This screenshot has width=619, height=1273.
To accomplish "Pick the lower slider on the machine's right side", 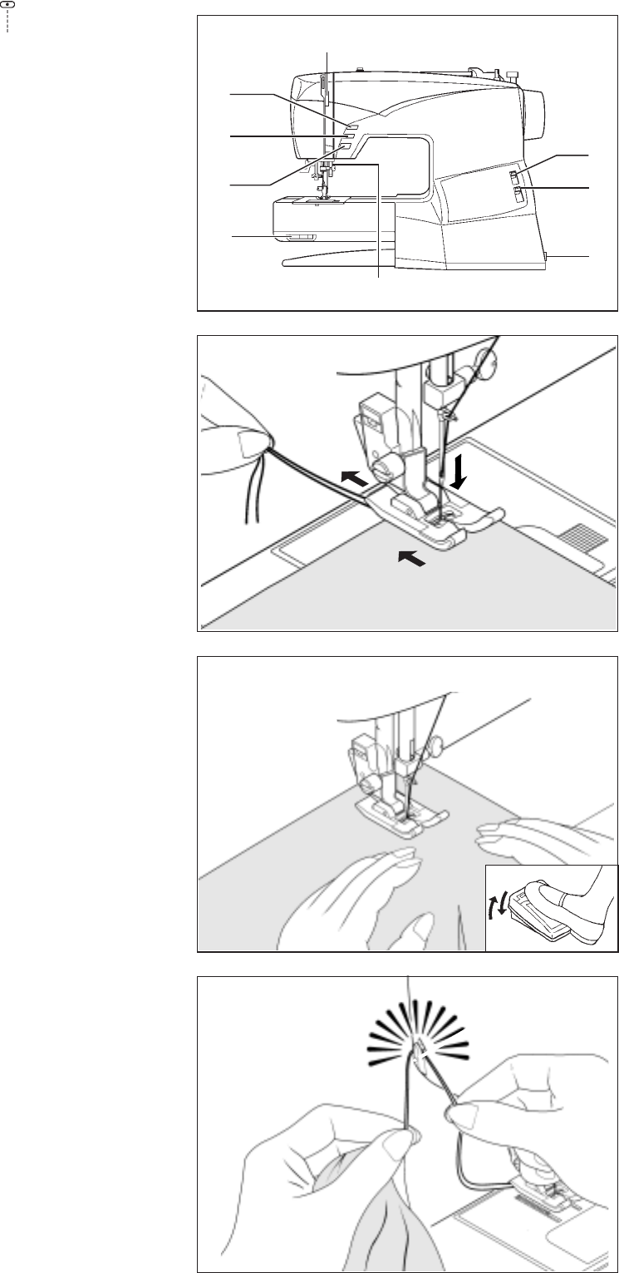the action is point(517,196).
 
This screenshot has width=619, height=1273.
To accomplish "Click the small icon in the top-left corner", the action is point(7,6).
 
